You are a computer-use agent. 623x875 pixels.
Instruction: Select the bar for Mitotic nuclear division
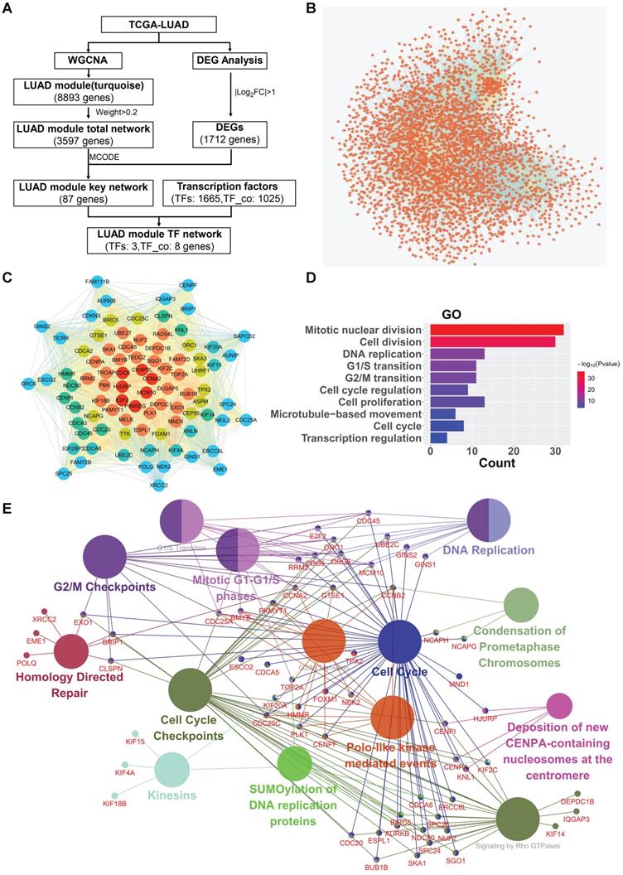click(x=496, y=330)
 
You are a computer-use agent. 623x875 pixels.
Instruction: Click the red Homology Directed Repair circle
click(x=77, y=652)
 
